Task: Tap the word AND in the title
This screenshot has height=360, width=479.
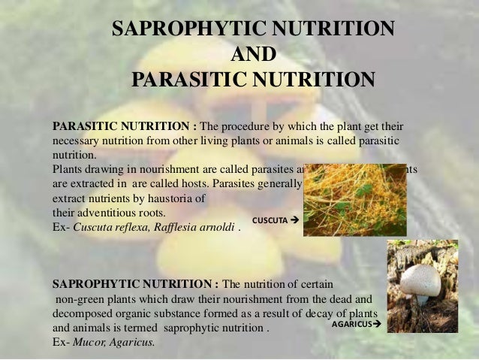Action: (253, 54)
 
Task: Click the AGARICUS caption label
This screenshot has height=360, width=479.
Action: (351, 325)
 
